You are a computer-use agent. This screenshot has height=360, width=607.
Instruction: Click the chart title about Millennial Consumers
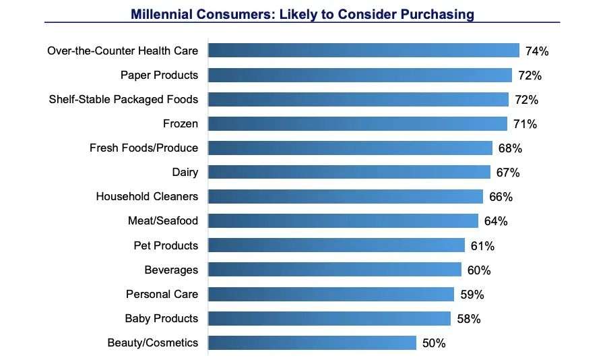(302, 13)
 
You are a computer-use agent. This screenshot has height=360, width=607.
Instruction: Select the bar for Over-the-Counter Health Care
(364, 51)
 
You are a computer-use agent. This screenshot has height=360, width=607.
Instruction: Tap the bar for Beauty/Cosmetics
(312, 342)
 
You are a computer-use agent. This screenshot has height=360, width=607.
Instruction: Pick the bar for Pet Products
(336, 245)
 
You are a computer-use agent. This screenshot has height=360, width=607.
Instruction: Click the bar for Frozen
(358, 123)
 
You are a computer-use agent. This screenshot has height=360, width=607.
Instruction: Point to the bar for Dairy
(349, 172)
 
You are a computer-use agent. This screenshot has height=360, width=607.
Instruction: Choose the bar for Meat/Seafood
(343, 220)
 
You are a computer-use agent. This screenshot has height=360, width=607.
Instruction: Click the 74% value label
(536, 51)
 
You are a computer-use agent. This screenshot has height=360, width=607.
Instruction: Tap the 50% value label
(434, 343)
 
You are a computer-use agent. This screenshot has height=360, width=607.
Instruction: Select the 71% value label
(524, 124)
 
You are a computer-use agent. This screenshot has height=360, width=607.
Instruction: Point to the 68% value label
(510, 148)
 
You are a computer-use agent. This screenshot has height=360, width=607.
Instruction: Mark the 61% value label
(482, 246)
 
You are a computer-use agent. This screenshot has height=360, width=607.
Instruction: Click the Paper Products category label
(159, 75)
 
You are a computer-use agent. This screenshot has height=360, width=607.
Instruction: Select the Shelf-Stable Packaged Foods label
(123, 99)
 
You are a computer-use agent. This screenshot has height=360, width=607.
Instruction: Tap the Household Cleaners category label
(147, 196)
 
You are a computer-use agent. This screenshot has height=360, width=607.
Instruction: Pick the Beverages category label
(171, 270)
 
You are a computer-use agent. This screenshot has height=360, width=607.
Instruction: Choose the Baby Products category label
(162, 318)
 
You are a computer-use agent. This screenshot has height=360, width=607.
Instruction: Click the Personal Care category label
(162, 294)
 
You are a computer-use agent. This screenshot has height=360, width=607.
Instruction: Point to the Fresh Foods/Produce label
(143, 148)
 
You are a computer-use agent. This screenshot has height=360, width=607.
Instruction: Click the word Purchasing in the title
(437, 13)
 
